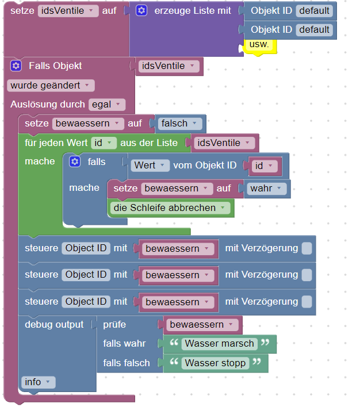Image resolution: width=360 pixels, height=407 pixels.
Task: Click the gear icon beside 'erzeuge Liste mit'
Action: tap(141, 11)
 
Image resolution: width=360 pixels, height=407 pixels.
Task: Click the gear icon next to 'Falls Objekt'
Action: tap(16, 66)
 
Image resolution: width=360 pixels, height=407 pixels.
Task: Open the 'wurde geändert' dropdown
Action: tap(51, 86)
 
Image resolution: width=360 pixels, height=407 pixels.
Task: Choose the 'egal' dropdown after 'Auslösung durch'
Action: tap(107, 105)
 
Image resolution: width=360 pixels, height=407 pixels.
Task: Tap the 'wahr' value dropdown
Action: tap(267, 189)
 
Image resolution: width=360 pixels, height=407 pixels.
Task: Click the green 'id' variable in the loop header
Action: tap(104, 143)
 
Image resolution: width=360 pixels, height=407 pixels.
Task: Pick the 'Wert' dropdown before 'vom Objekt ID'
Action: tap(150, 166)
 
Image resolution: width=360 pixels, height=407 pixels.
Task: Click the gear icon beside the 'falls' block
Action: tap(75, 162)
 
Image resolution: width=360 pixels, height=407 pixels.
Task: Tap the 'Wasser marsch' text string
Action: tap(219, 344)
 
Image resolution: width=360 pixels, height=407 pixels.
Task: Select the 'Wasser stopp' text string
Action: tap(215, 363)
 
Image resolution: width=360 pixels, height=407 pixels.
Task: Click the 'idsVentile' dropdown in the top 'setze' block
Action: tap(68, 11)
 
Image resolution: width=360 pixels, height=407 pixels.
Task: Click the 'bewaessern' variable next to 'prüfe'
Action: tap(201, 325)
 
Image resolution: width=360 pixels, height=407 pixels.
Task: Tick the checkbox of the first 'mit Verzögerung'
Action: tap(307, 248)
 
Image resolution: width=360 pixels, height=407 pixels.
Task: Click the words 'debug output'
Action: tap(54, 325)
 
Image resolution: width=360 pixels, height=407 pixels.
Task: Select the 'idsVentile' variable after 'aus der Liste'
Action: tap(224, 143)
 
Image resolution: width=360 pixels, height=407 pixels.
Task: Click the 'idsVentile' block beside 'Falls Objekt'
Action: tap(170, 66)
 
